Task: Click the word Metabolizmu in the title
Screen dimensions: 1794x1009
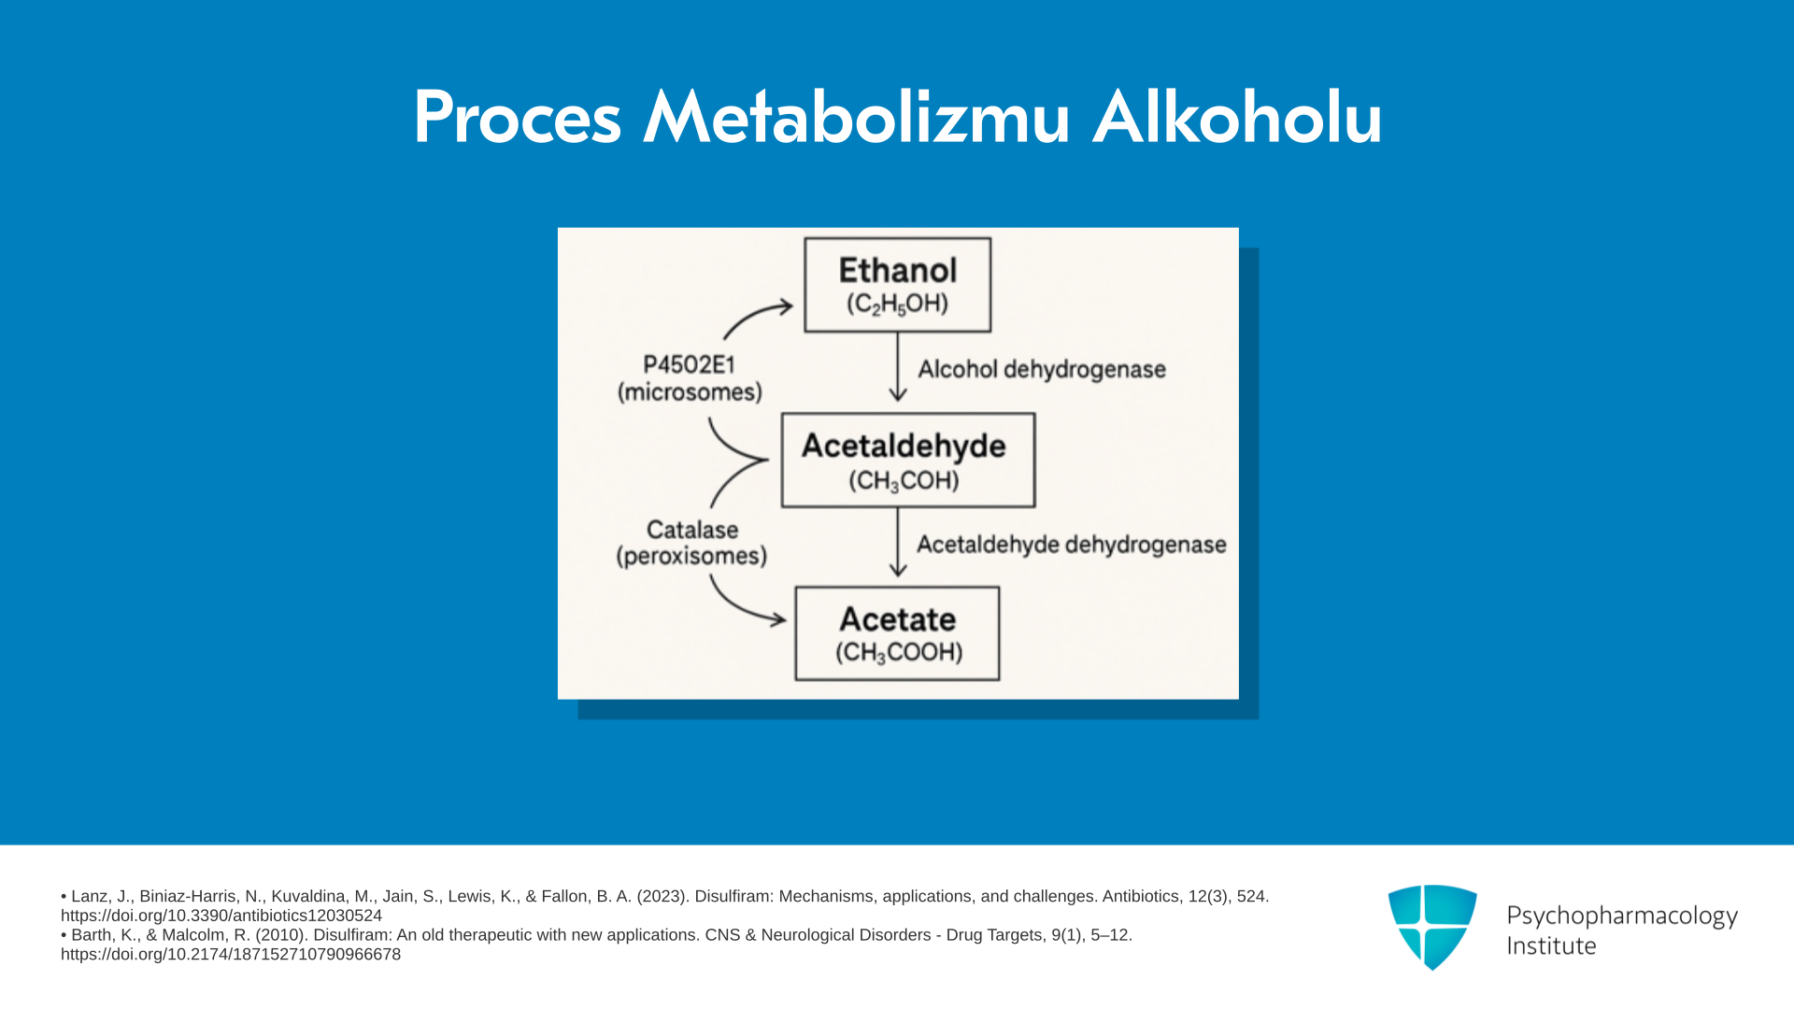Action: (856, 118)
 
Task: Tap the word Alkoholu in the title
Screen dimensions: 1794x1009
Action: (1237, 118)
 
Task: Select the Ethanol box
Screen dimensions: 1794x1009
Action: (898, 285)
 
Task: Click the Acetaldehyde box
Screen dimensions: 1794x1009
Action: (908, 461)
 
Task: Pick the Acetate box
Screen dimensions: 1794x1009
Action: (897, 633)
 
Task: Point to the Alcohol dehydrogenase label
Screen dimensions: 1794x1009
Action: (1042, 370)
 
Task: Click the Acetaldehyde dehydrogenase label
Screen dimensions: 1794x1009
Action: (1072, 545)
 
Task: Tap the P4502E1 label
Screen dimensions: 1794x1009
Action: (690, 364)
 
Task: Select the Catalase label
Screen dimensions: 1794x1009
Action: (692, 530)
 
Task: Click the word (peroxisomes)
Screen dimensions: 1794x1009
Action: (691, 557)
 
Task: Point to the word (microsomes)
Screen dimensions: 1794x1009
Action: (690, 392)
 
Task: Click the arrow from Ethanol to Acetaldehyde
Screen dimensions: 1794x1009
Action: (898, 367)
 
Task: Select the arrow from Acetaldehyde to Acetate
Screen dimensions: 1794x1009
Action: (898, 542)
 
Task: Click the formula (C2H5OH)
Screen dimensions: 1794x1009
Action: (898, 305)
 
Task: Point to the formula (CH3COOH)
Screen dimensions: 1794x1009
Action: (899, 652)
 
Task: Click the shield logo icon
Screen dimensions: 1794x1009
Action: (1432, 927)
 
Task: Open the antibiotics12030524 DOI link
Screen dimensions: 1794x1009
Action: (221, 916)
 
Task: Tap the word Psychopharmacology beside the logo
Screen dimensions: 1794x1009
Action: (1622, 917)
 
